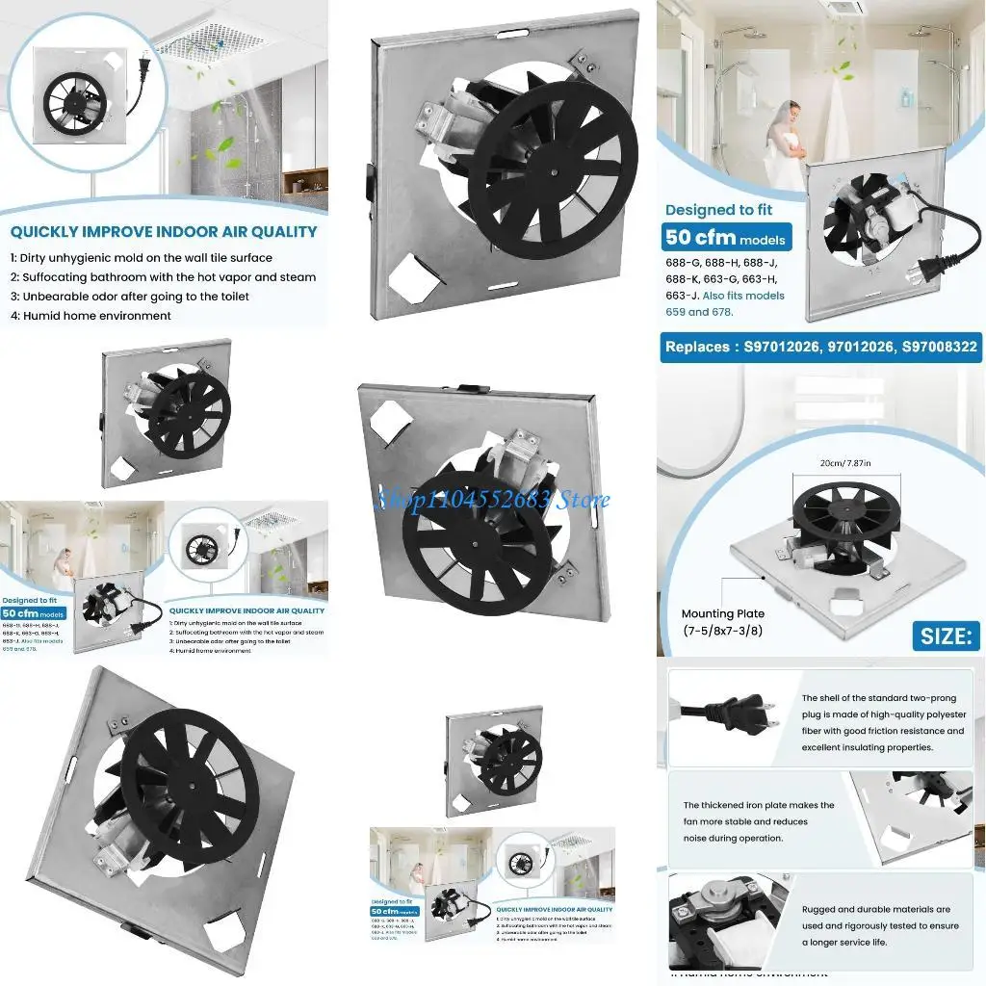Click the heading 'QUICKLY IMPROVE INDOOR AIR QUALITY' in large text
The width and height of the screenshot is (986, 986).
click(x=164, y=231)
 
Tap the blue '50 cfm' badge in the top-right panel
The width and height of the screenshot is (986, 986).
click(x=724, y=237)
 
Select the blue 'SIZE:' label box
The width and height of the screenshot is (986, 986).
click(x=946, y=636)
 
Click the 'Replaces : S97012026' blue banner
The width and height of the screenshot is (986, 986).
click(x=820, y=347)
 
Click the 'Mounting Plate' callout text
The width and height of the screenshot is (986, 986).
click(x=723, y=613)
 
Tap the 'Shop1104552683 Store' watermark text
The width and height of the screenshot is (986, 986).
click(x=493, y=500)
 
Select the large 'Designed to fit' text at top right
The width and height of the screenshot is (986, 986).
click(x=719, y=209)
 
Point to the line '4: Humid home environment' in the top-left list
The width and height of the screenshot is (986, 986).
click(x=91, y=315)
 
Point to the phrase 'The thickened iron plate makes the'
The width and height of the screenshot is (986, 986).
click(x=759, y=805)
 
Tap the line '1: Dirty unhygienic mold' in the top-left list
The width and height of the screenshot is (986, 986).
click(x=142, y=258)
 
